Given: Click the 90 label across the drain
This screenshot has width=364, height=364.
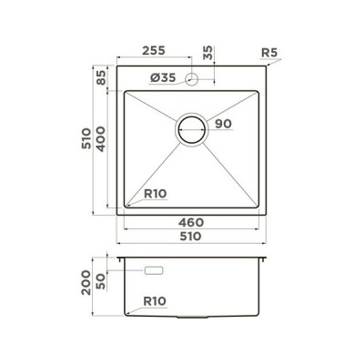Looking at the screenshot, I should [x=224, y=125].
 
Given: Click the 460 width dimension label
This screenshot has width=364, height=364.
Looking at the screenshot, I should [x=189, y=223].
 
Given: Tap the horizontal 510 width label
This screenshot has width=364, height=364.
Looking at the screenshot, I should [x=189, y=237].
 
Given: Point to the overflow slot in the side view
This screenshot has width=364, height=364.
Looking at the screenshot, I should [x=153, y=270].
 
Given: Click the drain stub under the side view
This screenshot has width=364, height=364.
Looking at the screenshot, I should [x=193, y=318].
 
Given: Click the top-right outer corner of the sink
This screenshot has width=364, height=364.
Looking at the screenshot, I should [x=266, y=66].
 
